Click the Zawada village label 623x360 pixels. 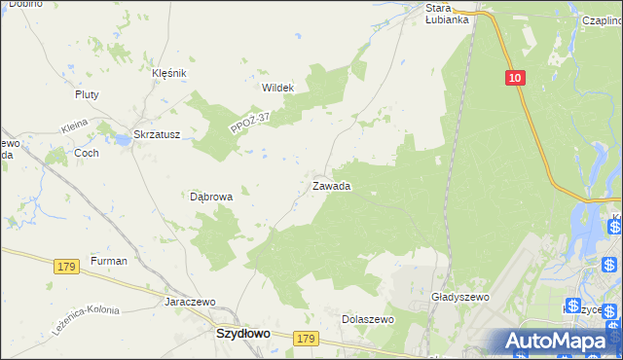[x=331, y=185]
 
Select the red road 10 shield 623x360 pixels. [x=515, y=77]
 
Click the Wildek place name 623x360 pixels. [x=277, y=87]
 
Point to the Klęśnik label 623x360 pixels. [x=168, y=73]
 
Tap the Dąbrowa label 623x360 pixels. [x=211, y=196]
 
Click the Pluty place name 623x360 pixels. [x=88, y=94]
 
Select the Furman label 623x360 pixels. [x=108, y=261]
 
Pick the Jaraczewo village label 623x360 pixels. [x=190, y=302]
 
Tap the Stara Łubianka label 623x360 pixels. [x=448, y=13]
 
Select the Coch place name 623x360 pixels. [x=86, y=153]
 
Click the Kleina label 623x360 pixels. [x=74, y=126]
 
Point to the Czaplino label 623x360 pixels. [x=602, y=19]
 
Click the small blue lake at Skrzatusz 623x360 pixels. [x=123, y=141]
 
